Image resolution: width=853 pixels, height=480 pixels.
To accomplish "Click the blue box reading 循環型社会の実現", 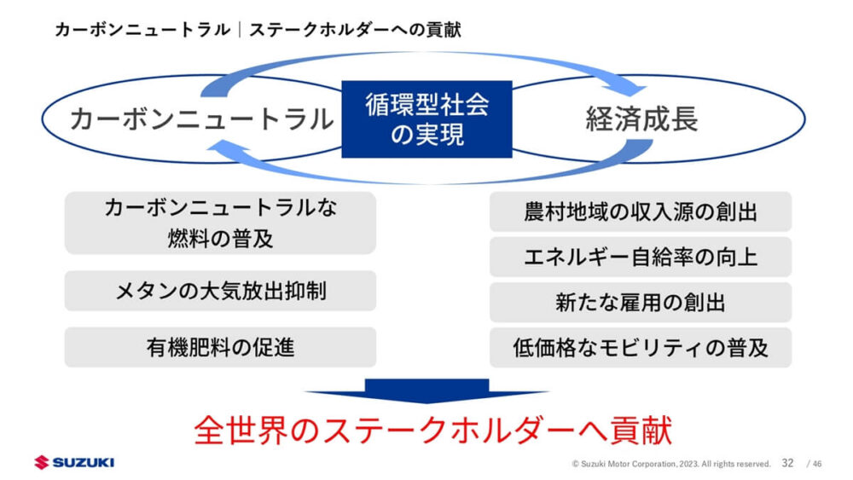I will click(426, 119).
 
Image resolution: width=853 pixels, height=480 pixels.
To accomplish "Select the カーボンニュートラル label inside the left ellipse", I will click(201, 119).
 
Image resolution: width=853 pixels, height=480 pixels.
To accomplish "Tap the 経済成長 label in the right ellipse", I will click(641, 119).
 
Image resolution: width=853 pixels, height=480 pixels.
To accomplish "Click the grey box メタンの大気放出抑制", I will click(220, 292).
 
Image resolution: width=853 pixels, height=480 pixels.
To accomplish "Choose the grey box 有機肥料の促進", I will click(220, 347).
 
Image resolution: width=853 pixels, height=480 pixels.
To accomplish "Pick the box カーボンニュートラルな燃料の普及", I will click(220, 223).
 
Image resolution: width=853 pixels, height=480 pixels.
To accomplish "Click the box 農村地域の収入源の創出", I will click(640, 211).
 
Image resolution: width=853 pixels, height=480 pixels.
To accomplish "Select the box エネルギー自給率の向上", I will click(640, 257).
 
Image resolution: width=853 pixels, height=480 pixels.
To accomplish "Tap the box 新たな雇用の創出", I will click(640, 302).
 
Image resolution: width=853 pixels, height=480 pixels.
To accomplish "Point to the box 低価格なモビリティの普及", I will click(640, 347).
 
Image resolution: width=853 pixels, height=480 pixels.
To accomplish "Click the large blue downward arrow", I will click(426, 391).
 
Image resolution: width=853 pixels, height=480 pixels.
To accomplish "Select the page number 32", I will click(787, 463).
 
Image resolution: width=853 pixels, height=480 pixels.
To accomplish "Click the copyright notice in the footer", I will click(671, 464).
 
